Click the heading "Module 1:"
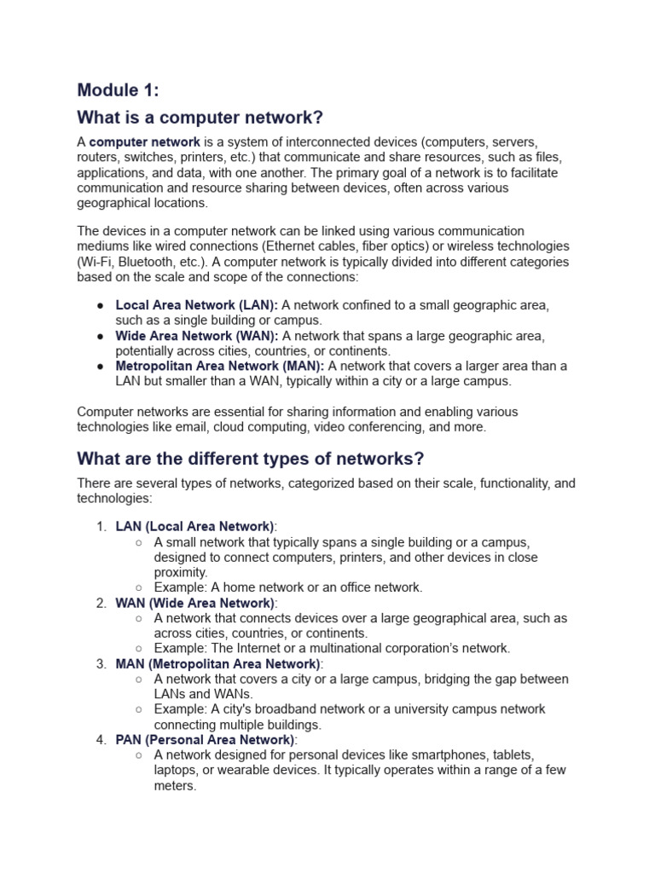(x=118, y=90)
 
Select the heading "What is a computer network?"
(x=200, y=117)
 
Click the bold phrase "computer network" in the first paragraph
(x=145, y=142)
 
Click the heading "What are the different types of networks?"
(x=250, y=459)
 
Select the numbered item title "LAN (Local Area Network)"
(x=194, y=526)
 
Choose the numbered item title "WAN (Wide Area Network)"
(x=196, y=603)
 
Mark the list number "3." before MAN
(x=101, y=663)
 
